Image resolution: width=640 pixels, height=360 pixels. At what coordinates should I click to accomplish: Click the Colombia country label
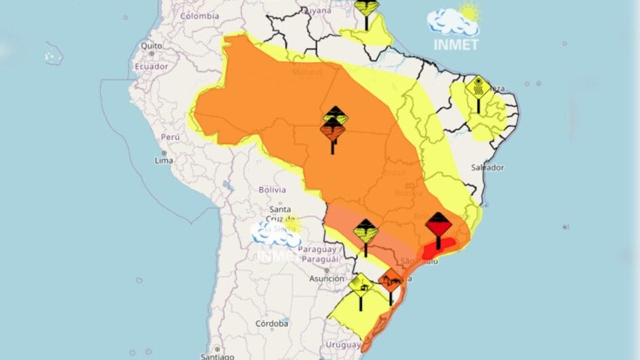point(199,16)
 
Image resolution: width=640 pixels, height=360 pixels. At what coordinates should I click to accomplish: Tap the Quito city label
point(151,45)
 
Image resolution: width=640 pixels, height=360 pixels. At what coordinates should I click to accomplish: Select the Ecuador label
point(151,66)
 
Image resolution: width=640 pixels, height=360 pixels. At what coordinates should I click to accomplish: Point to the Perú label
point(169,136)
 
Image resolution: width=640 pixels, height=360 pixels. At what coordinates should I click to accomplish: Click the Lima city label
point(163,161)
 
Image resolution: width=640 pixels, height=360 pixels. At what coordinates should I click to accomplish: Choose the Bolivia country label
point(273,190)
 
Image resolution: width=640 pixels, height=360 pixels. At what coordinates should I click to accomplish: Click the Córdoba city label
point(272,323)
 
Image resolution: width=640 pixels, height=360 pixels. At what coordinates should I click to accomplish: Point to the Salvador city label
point(488,167)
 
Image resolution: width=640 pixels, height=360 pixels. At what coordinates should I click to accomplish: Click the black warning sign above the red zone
point(439,223)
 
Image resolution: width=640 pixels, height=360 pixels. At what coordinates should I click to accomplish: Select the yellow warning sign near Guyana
point(367,8)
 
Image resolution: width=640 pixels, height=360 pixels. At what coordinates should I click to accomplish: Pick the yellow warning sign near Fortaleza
point(478,87)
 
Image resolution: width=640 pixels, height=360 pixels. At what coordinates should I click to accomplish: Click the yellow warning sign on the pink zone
point(365,231)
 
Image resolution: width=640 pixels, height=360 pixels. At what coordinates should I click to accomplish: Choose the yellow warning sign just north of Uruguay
point(361,285)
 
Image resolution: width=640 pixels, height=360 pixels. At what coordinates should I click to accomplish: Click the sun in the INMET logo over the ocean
point(468,12)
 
